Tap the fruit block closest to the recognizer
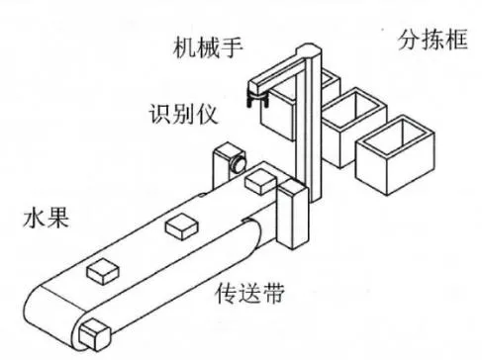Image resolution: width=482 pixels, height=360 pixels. click(x=259, y=180)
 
